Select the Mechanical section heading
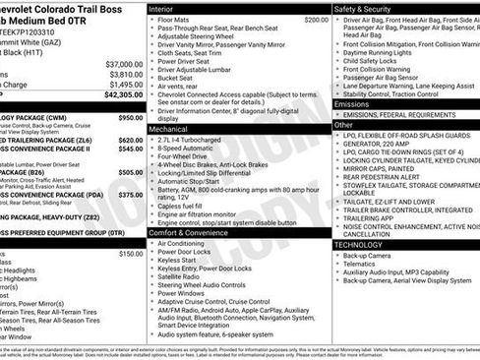tap(174, 129)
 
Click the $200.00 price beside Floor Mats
tap(316, 20)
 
